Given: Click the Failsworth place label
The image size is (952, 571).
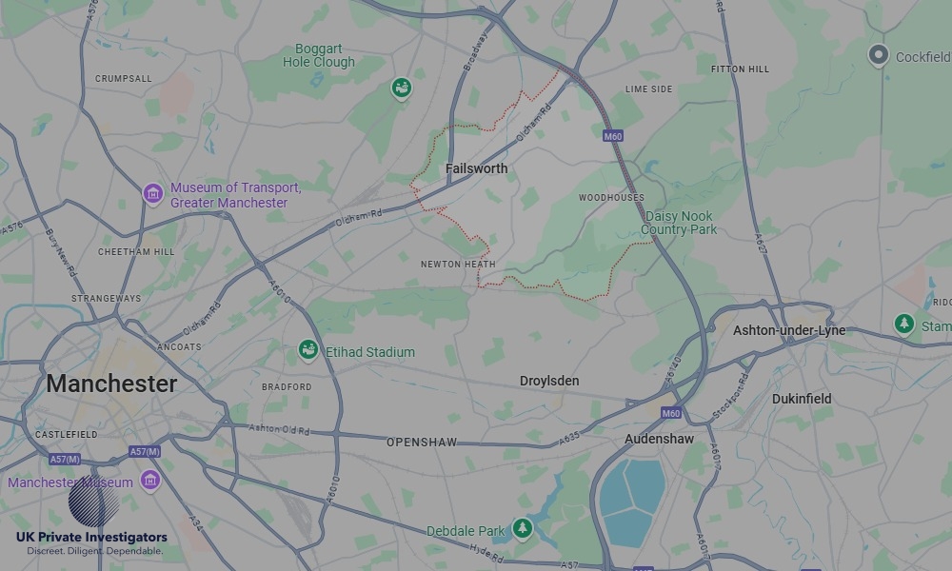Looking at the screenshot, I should (476, 168).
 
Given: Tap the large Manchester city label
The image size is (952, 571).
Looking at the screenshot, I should (111, 384).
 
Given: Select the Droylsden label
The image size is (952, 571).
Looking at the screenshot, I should (549, 381).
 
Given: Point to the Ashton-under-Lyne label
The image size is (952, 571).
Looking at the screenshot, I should (788, 330).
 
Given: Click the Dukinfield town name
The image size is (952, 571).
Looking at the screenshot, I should (801, 399).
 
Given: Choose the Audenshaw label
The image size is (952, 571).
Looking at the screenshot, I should (659, 439).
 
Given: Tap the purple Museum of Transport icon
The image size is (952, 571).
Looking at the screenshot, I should (152, 194).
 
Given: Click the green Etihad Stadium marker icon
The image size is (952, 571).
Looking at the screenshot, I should (307, 351).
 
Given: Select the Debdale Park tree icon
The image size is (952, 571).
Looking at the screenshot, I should (522, 529).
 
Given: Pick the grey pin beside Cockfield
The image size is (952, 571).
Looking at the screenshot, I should (879, 55).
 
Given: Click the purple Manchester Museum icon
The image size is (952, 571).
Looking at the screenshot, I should (149, 481).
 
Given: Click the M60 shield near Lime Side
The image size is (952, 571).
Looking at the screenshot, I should (613, 136).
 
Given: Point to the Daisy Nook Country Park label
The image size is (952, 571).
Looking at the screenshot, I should (679, 223).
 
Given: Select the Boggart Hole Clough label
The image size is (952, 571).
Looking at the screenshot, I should (319, 55).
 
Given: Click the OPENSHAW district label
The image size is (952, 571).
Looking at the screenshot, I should (422, 443).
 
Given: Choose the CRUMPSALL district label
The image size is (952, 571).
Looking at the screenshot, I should (123, 79).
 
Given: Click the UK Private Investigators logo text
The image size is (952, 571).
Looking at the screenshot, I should (91, 538).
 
